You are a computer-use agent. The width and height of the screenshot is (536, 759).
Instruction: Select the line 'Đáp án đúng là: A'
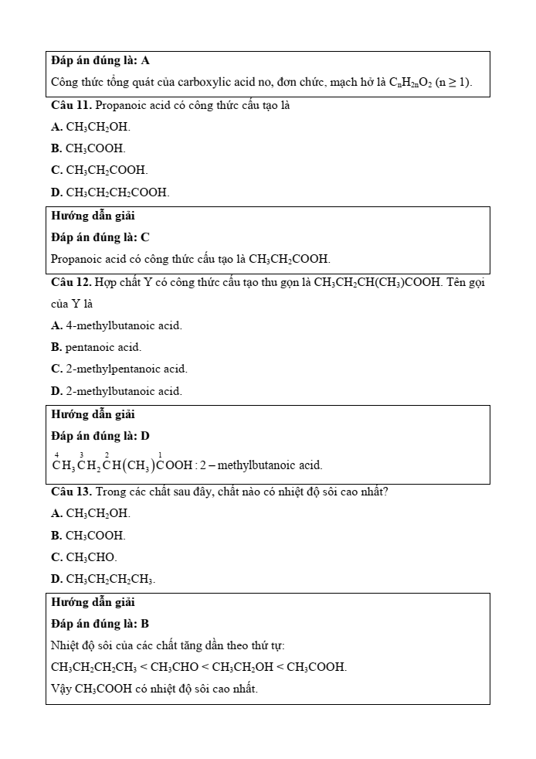coord(100,60)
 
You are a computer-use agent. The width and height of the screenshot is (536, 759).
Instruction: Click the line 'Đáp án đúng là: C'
coord(100,237)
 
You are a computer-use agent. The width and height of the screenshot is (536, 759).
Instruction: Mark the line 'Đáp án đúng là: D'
coord(100,436)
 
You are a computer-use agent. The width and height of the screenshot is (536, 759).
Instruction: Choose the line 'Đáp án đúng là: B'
coord(100,623)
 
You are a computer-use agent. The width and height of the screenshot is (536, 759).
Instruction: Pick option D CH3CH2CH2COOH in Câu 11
coord(110,192)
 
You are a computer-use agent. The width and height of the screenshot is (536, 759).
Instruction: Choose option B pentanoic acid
coord(97,347)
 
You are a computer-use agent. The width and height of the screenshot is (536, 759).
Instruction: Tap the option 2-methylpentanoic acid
coord(119,369)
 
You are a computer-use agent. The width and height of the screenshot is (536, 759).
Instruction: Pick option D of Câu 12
coord(117,391)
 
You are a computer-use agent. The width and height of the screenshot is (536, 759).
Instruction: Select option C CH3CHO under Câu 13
coord(84,556)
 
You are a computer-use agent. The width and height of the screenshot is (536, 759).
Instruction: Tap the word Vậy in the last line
coord(62,688)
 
